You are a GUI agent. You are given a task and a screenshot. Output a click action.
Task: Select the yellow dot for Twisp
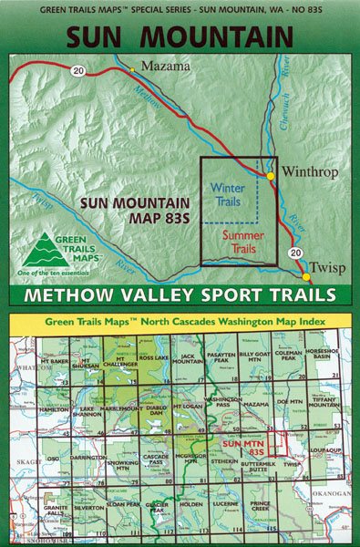(x=305, y=276)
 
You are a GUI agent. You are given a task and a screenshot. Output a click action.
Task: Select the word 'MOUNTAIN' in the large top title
(x=220, y=37)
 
